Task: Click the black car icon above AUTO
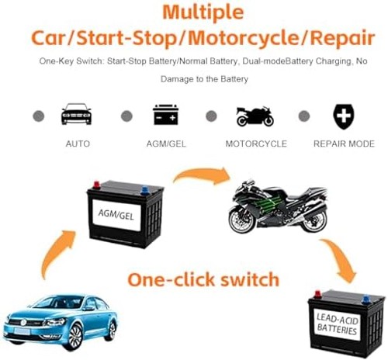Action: tap(76, 114)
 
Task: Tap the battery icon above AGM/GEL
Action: tap(165, 115)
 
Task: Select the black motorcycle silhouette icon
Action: tap(255, 116)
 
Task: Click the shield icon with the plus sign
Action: tap(344, 116)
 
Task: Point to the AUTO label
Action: tap(78, 144)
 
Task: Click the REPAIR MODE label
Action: tap(344, 144)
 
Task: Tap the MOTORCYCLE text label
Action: tap(256, 144)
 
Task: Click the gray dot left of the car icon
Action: tap(39, 116)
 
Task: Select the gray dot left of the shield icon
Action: tap(304, 116)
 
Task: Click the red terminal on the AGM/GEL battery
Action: tap(96, 185)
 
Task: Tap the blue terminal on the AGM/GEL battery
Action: tap(144, 190)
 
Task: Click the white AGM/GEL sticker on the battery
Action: tap(116, 215)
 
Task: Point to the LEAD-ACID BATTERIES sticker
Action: tap(337, 324)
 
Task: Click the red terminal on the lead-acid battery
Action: tap(317, 295)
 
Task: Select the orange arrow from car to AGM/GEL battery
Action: tap(57, 251)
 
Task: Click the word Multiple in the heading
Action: tap(203, 12)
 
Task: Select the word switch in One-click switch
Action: tap(250, 279)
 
